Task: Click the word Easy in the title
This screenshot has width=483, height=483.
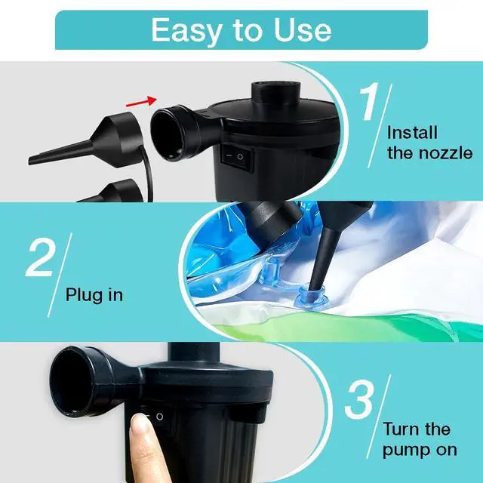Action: (183, 29)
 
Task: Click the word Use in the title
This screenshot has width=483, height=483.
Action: (300, 29)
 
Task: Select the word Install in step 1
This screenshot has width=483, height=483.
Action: (412, 133)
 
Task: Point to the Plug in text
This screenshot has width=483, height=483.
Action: (94, 294)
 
